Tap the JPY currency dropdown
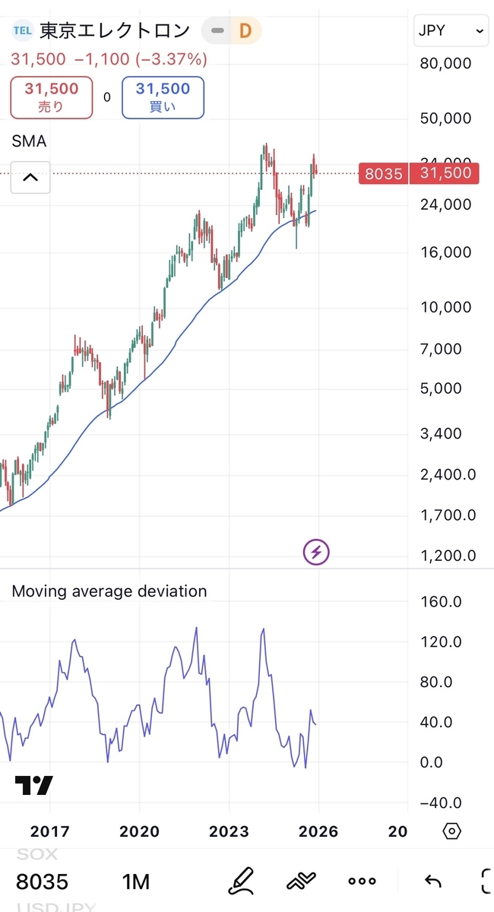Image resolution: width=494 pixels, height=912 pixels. coord(451,31)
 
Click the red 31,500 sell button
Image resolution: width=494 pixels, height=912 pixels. coord(52,97)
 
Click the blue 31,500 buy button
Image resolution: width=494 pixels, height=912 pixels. coord(163,97)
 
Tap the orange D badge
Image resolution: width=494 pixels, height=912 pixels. coord(245,31)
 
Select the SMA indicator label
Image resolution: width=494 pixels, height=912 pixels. coord(29,141)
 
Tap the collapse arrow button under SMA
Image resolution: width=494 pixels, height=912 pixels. coord(30,178)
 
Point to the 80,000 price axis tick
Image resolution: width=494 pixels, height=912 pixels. coord(445,64)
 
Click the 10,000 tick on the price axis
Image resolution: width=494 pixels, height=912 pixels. coord(445,307)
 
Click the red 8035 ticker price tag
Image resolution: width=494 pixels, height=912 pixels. coord(383,174)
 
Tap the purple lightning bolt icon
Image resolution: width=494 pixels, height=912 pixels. coord(316,552)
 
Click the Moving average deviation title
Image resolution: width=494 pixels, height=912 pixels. coord(109,591)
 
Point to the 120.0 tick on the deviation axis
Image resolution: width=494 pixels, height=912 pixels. coord(441,642)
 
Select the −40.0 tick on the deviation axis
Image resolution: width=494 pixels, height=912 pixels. coord(441,803)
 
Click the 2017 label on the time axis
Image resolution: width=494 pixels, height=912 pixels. coord(50,831)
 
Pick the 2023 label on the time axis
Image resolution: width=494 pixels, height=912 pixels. coord(229,831)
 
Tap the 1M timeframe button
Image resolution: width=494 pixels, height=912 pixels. coord(136,882)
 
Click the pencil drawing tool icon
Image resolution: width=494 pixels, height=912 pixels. coord(242,882)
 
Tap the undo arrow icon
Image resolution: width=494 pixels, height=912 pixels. coord(432,882)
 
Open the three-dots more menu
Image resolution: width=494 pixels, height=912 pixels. coord(362,882)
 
